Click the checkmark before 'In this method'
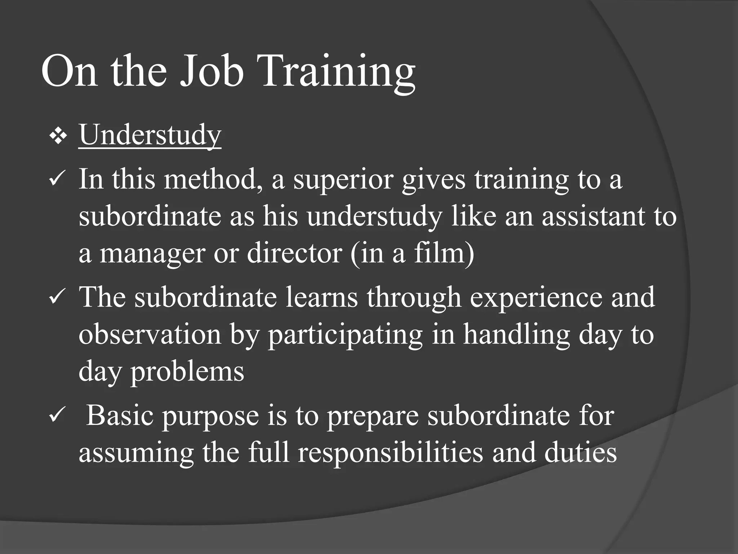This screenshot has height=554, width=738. pos(57,179)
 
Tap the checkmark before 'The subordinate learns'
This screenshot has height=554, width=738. pos(57,298)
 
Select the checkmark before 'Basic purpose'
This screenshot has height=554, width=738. pos(57,416)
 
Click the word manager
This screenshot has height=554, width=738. pos(152,254)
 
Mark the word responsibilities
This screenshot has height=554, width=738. pos(390,454)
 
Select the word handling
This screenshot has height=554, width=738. pos(516,335)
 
